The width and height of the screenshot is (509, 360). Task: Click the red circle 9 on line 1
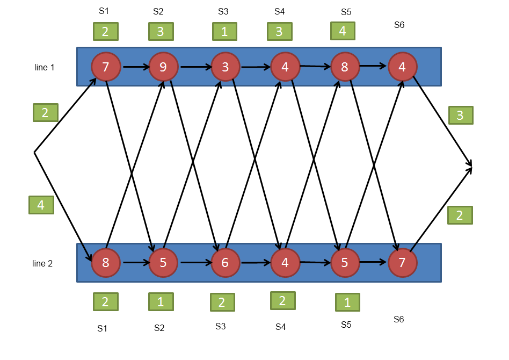tap(163, 67)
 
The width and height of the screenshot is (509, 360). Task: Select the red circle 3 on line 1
tap(226, 67)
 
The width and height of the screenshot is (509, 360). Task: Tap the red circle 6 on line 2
tap(226, 263)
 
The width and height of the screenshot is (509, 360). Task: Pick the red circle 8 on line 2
tap(106, 263)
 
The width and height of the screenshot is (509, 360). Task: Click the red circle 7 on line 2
tap(403, 263)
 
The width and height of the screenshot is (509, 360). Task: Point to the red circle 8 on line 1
tap(345, 67)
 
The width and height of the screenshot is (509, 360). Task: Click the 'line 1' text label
tap(44, 67)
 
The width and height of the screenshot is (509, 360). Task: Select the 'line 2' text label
tap(42, 263)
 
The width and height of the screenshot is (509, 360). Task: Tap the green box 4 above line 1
tap(343, 31)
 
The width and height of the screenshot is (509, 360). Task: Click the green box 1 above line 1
tap(224, 32)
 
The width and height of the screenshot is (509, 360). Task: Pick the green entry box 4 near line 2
tap(41, 205)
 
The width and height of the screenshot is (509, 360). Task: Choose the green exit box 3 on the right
tap(461, 116)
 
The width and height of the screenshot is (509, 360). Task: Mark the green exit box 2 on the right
tap(460, 215)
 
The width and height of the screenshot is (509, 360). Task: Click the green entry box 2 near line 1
tap(46, 113)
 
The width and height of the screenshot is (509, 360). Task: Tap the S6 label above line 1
tap(399, 25)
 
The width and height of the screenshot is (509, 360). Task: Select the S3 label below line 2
tap(221, 326)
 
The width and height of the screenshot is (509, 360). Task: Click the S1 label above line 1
tap(104, 11)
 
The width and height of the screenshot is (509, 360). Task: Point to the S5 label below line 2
tap(346, 325)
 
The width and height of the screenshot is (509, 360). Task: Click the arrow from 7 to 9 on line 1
tap(136, 67)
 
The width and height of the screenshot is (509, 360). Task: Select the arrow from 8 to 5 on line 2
tap(136, 262)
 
